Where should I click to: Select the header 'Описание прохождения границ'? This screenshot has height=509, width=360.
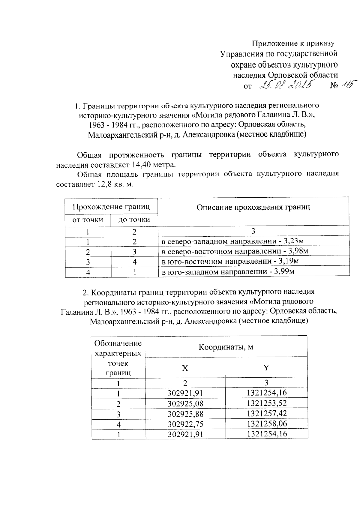click(x=253, y=207)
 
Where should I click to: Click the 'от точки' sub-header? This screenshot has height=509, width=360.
click(x=88, y=220)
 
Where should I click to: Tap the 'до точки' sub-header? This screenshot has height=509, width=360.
click(x=134, y=220)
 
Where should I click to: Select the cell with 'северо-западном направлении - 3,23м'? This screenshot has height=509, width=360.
click(x=233, y=241)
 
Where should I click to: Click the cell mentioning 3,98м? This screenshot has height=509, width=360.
click(x=235, y=251)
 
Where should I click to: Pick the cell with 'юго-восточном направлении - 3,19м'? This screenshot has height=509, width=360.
click(x=230, y=262)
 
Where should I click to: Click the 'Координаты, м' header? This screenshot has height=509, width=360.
click(x=226, y=347)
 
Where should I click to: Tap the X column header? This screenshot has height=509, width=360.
click(x=185, y=368)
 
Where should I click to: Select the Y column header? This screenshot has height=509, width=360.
click(x=266, y=368)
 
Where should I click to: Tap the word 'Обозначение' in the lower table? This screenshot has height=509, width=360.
click(x=118, y=343)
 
